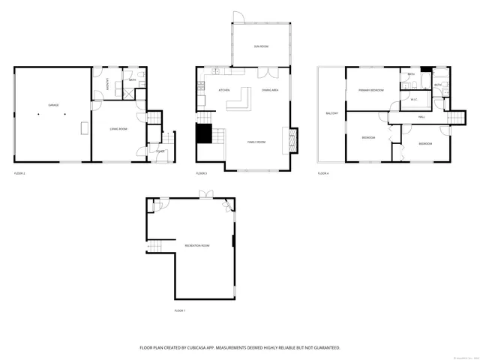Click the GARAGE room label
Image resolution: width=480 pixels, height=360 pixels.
53,105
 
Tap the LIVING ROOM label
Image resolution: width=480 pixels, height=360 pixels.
118,129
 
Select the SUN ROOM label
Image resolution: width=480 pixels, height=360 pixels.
260,46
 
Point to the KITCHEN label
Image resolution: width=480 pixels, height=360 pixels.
223,91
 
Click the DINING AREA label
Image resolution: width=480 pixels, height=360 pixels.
271,91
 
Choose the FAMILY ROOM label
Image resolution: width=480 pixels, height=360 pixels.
257,142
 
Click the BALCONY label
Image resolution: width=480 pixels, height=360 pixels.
331,113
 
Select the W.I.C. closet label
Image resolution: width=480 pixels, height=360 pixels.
413,99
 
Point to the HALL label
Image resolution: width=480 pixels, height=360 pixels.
421,117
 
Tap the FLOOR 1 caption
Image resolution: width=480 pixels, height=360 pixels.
179,310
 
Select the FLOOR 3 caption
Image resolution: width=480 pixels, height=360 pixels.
201,173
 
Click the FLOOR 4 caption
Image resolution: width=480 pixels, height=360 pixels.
322,173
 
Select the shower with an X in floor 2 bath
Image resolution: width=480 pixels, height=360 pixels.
130,94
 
